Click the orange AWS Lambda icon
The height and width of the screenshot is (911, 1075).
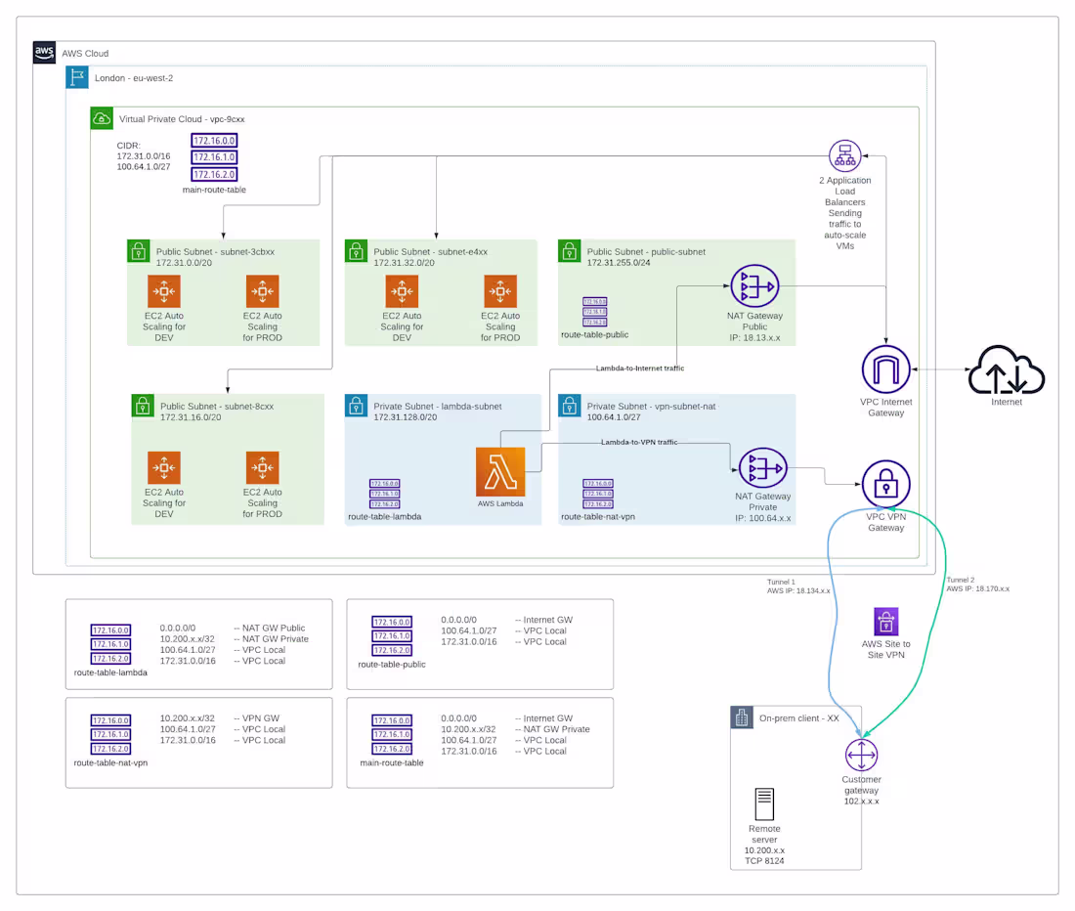click(x=500, y=472)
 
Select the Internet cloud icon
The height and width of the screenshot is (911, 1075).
click(x=1007, y=372)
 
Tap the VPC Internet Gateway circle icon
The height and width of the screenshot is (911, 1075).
click(x=885, y=372)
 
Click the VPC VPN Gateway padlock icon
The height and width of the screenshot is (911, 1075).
click(x=885, y=483)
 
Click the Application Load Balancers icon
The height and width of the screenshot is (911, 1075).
click(x=843, y=156)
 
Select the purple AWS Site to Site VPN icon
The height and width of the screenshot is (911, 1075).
click(x=885, y=621)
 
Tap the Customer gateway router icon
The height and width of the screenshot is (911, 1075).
click(x=861, y=756)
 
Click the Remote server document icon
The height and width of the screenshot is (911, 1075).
click(x=764, y=805)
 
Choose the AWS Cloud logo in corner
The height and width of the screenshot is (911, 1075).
click(x=45, y=53)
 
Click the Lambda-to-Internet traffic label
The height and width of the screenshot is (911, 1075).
click(x=640, y=369)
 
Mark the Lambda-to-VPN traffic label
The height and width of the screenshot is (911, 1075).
click(x=639, y=443)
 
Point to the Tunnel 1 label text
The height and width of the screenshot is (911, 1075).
click(x=782, y=581)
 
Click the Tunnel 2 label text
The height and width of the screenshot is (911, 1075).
click(x=960, y=580)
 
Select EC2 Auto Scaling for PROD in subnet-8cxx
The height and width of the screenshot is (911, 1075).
click(x=262, y=468)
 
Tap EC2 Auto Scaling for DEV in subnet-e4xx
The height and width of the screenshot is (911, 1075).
click(x=402, y=291)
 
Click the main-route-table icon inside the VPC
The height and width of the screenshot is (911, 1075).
click(x=214, y=156)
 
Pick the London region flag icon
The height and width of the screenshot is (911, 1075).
click(x=77, y=78)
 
